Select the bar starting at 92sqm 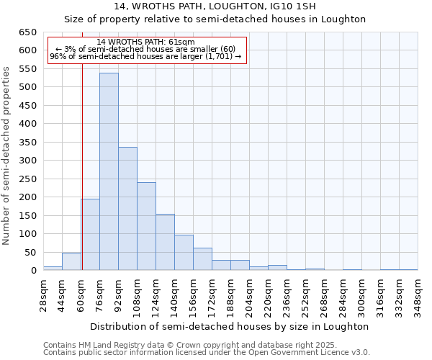(127, 209)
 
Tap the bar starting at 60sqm (90, 235)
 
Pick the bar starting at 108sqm (146, 226)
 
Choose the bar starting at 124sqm (165, 242)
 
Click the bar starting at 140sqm (184, 253)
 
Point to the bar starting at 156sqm (202, 259)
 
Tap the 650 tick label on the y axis (27, 32)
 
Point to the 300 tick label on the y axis (27, 161)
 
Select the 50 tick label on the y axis (30, 253)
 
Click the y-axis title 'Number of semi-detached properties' (6, 156)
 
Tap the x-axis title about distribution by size (230, 326)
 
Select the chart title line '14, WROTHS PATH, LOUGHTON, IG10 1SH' (215, 6)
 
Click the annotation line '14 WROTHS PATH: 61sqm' (145, 42)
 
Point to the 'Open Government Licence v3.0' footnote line (207, 352)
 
